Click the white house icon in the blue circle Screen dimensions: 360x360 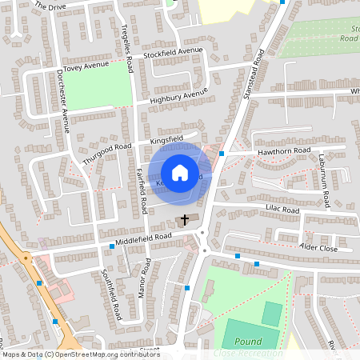click(x=180, y=172)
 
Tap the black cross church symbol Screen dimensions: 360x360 click(x=185, y=218)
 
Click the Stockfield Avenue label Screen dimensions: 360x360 click(x=174, y=53)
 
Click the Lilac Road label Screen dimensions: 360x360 click(x=282, y=210)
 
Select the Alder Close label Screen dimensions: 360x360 click(x=318, y=247)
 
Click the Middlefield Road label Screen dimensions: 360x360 click(x=143, y=237)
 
